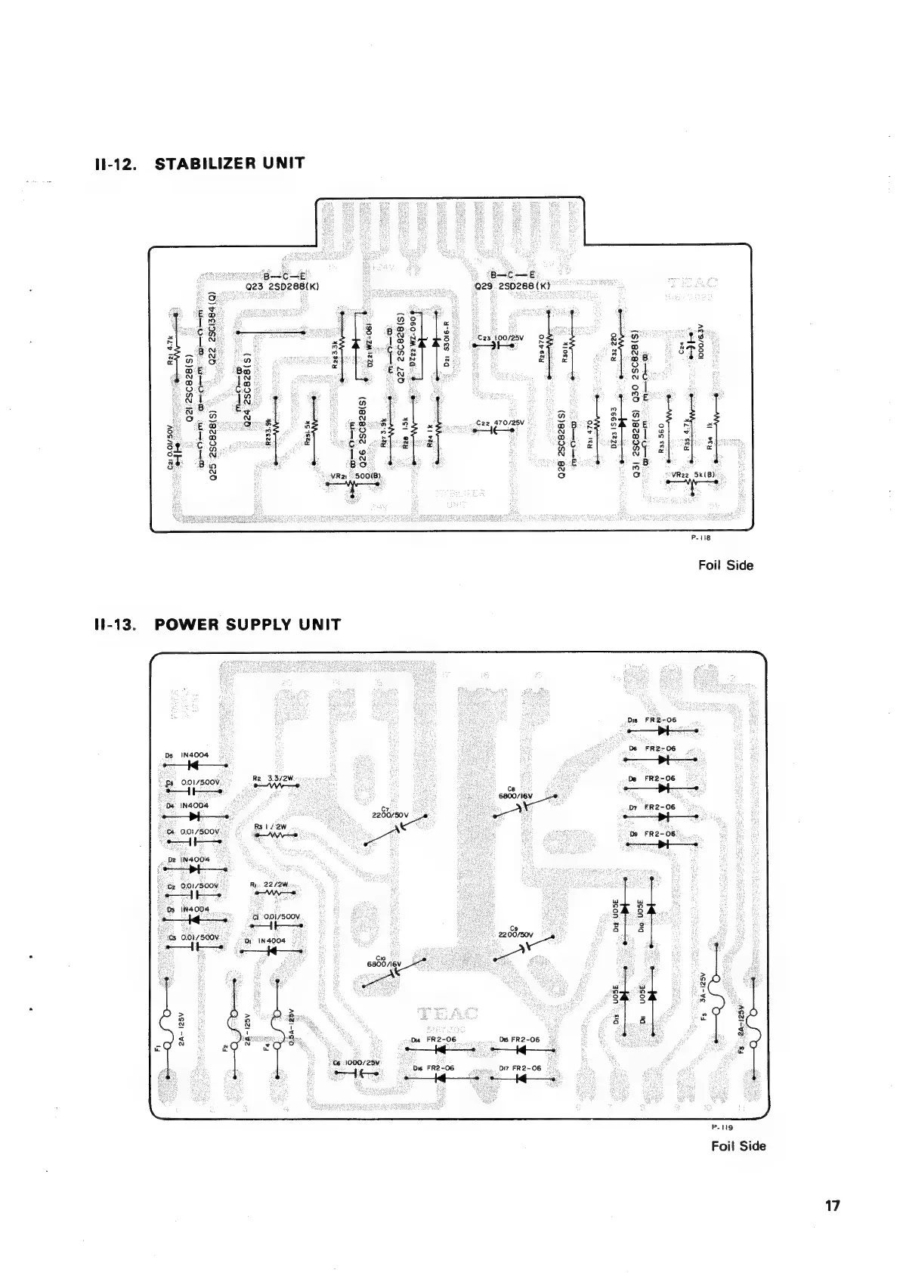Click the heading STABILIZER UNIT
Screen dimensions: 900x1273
(229, 163)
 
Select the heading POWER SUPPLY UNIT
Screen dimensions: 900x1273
(247, 625)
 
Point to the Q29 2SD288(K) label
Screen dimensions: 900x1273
(512, 287)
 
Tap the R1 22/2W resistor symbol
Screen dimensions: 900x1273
(273, 893)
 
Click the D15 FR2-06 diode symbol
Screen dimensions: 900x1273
(663, 731)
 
